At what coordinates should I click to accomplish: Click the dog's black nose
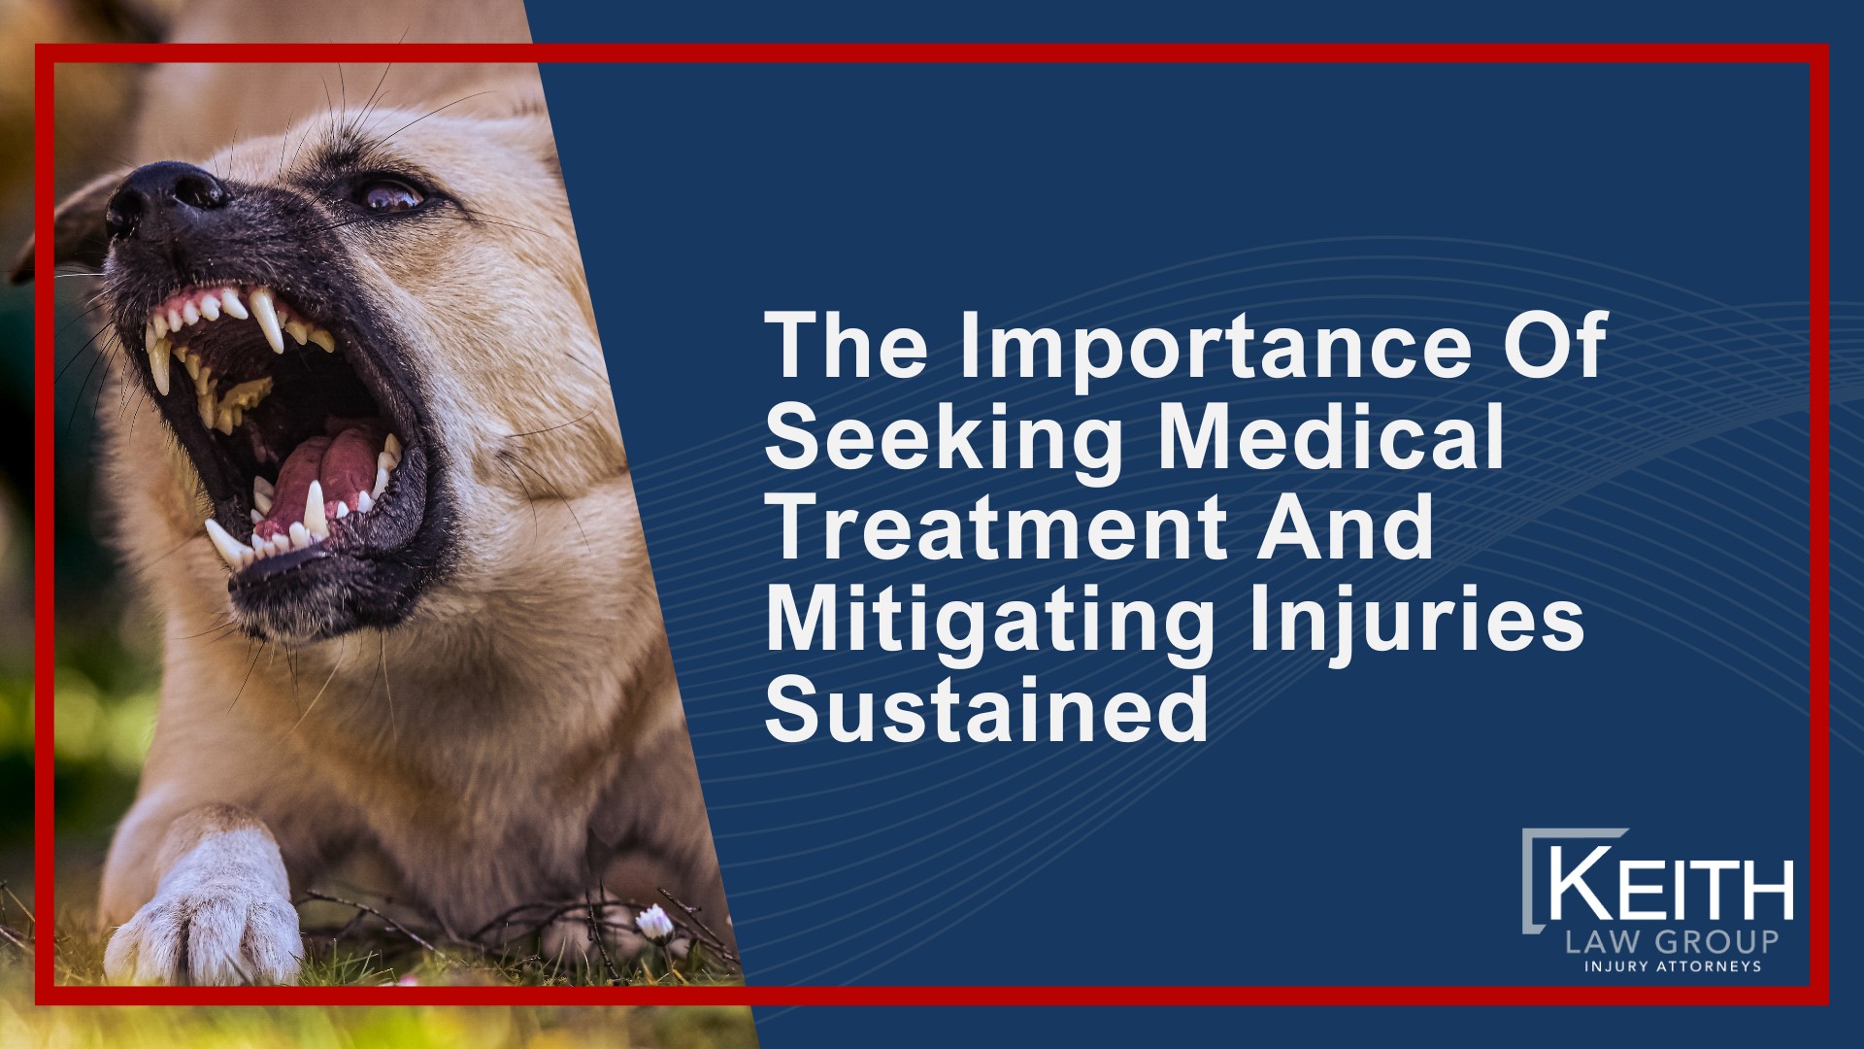click(160, 194)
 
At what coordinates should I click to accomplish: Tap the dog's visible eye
click(391, 195)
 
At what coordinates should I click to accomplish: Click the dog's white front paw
click(209, 923)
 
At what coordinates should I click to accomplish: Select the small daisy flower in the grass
click(655, 921)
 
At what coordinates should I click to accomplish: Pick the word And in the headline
click(1346, 528)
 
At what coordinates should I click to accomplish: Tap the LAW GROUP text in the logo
click(1672, 941)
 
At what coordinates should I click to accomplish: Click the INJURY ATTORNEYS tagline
click(1672, 966)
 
